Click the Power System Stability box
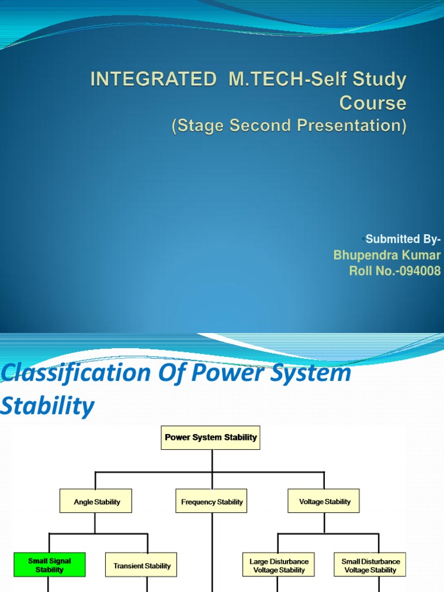(210, 438)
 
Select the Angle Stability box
(96, 501)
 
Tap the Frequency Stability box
(212, 502)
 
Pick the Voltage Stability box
(324, 501)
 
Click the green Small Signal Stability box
(50, 565)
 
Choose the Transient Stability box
(142, 565)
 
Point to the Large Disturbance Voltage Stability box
(279, 565)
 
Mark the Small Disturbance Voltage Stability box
(370, 565)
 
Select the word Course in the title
(372, 103)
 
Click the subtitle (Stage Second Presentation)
(289, 125)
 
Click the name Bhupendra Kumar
(387, 255)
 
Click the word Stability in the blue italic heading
(47, 406)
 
